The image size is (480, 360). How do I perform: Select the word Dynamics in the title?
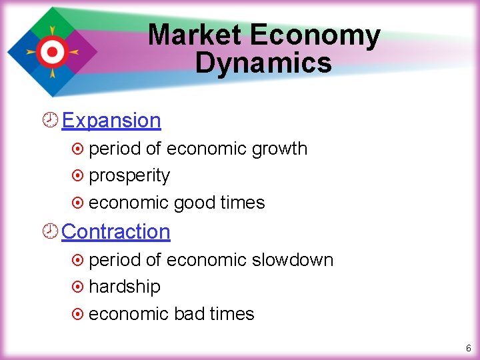click(x=263, y=63)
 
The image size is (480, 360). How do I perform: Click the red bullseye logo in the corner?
click(x=51, y=51)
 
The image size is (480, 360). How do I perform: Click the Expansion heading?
click(x=111, y=121)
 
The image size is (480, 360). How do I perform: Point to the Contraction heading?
click(x=116, y=231)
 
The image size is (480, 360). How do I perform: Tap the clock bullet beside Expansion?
click(x=50, y=121)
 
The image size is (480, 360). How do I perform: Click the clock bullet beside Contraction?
click(x=50, y=231)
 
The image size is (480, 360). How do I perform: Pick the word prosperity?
click(x=129, y=176)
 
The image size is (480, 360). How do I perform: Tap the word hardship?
click(x=125, y=287)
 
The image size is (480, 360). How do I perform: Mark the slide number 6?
click(x=469, y=348)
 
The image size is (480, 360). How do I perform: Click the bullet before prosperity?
click(x=77, y=176)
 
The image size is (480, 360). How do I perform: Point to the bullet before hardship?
click(x=77, y=287)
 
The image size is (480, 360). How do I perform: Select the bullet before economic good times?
click(x=77, y=203)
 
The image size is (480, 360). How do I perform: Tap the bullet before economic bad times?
click(x=77, y=314)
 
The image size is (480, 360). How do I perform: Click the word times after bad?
click(x=231, y=314)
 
